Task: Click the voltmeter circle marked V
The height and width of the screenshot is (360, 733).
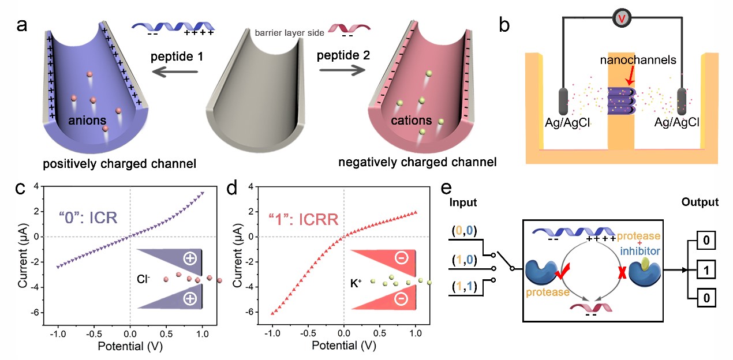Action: click(620, 18)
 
